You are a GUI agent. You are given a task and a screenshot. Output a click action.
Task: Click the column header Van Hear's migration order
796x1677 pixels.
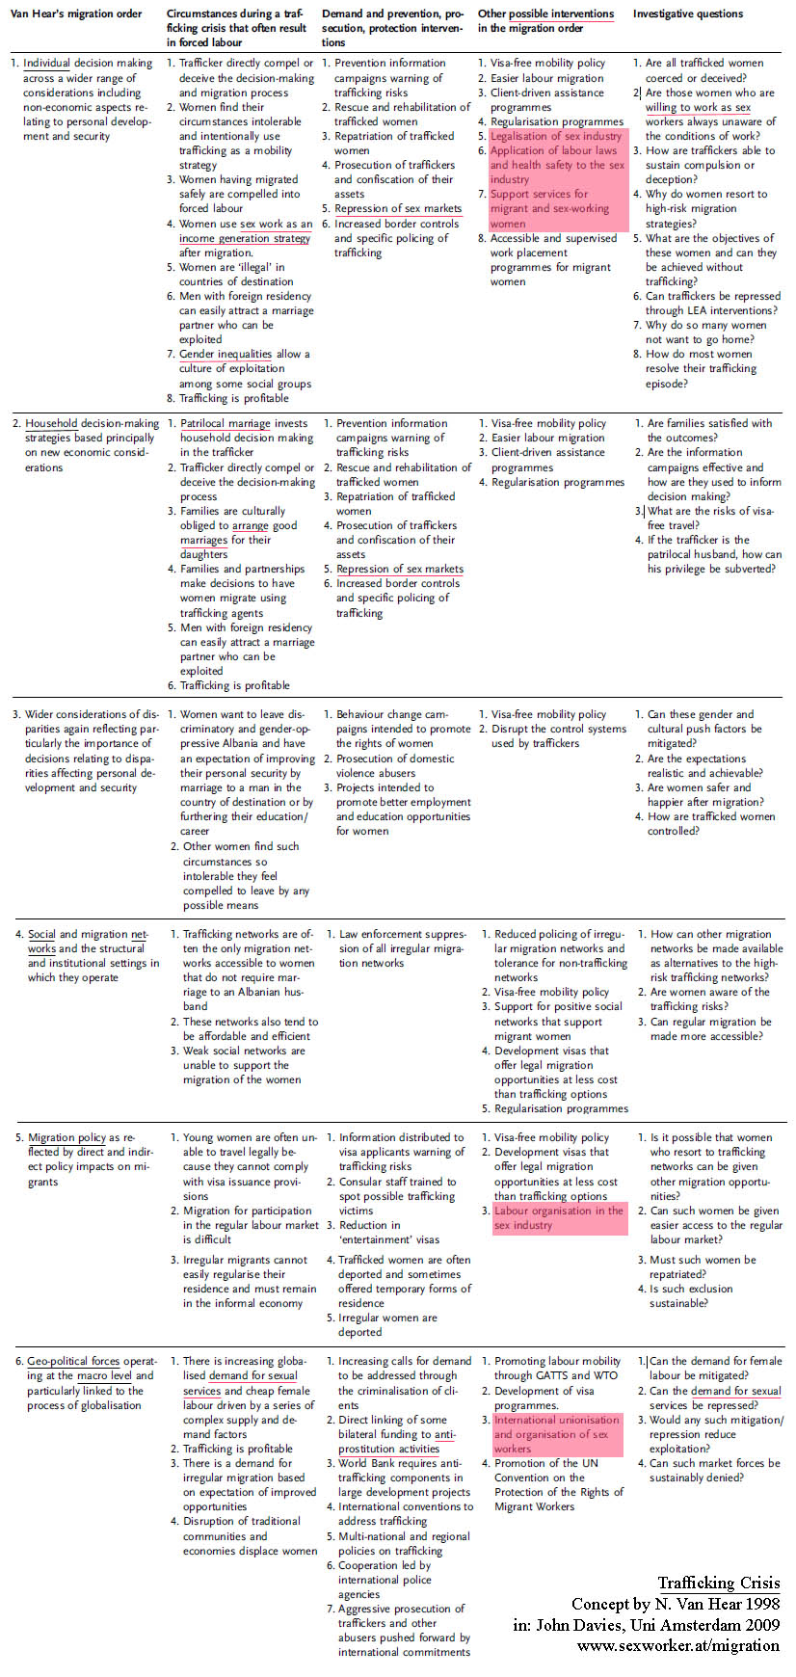[75, 14]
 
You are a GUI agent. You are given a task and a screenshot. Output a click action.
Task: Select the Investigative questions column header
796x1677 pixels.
[688, 14]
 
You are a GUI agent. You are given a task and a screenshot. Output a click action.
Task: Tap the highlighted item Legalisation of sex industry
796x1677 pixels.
[556, 136]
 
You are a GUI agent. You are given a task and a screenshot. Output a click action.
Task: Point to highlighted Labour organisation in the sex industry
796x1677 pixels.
[558, 1218]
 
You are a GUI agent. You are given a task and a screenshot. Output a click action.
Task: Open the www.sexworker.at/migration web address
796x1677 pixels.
[678, 1645]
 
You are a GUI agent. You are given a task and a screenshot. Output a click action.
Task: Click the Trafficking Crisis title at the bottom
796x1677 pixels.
[719, 1584]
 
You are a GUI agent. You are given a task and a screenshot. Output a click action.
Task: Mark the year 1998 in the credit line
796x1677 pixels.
[760, 1605]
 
